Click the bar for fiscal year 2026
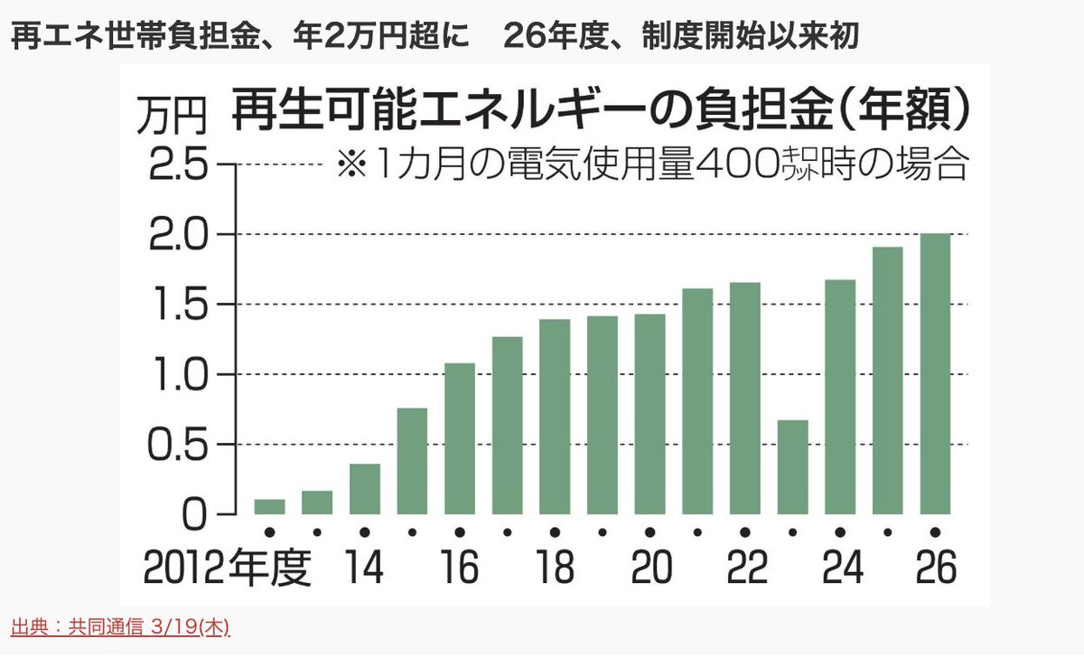coord(935,374)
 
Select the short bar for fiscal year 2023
coord(792,467)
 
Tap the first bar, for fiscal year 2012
coord(269,506)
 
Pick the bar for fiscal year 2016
coord(460,438)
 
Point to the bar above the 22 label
coord(745,399)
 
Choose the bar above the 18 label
coord(555,417)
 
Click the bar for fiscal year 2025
coord(887,381)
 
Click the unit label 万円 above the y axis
coord(172,116)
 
